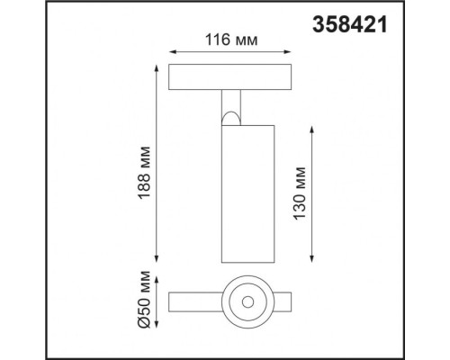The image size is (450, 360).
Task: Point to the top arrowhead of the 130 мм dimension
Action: pyautogui.click(x=311, y=129)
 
